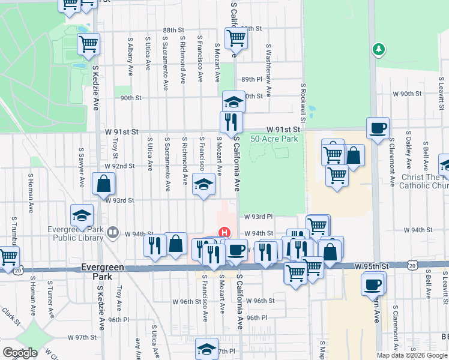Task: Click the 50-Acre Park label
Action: pos(274,139)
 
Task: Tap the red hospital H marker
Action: pos(224,232)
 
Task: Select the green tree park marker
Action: pos(378,49)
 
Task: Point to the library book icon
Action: pos(113,232)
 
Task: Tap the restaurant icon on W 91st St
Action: pos(231,122)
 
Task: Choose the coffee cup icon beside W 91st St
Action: pos(378,128)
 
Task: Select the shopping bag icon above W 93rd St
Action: pos(104,184)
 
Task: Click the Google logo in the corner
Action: pos(20,353)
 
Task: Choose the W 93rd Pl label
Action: pos(258,217)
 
